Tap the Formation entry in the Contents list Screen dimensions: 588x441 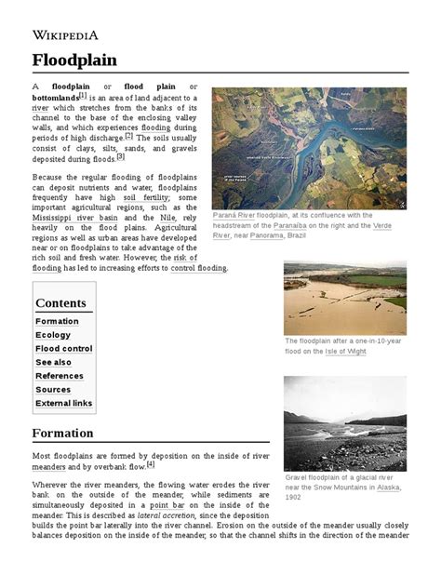tap(57, 321)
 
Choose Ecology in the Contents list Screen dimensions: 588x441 tap(53, 335)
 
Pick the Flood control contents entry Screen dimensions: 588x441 tap(64, 349)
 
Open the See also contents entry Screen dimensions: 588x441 tap(53, 363)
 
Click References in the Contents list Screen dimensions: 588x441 tap(60, 376)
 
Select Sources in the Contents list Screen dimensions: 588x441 tap(53, 390)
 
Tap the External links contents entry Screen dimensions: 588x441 tap(64, 404)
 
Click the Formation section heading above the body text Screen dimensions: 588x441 tap(62, 434)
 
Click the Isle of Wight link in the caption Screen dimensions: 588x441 tap(347, 352)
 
